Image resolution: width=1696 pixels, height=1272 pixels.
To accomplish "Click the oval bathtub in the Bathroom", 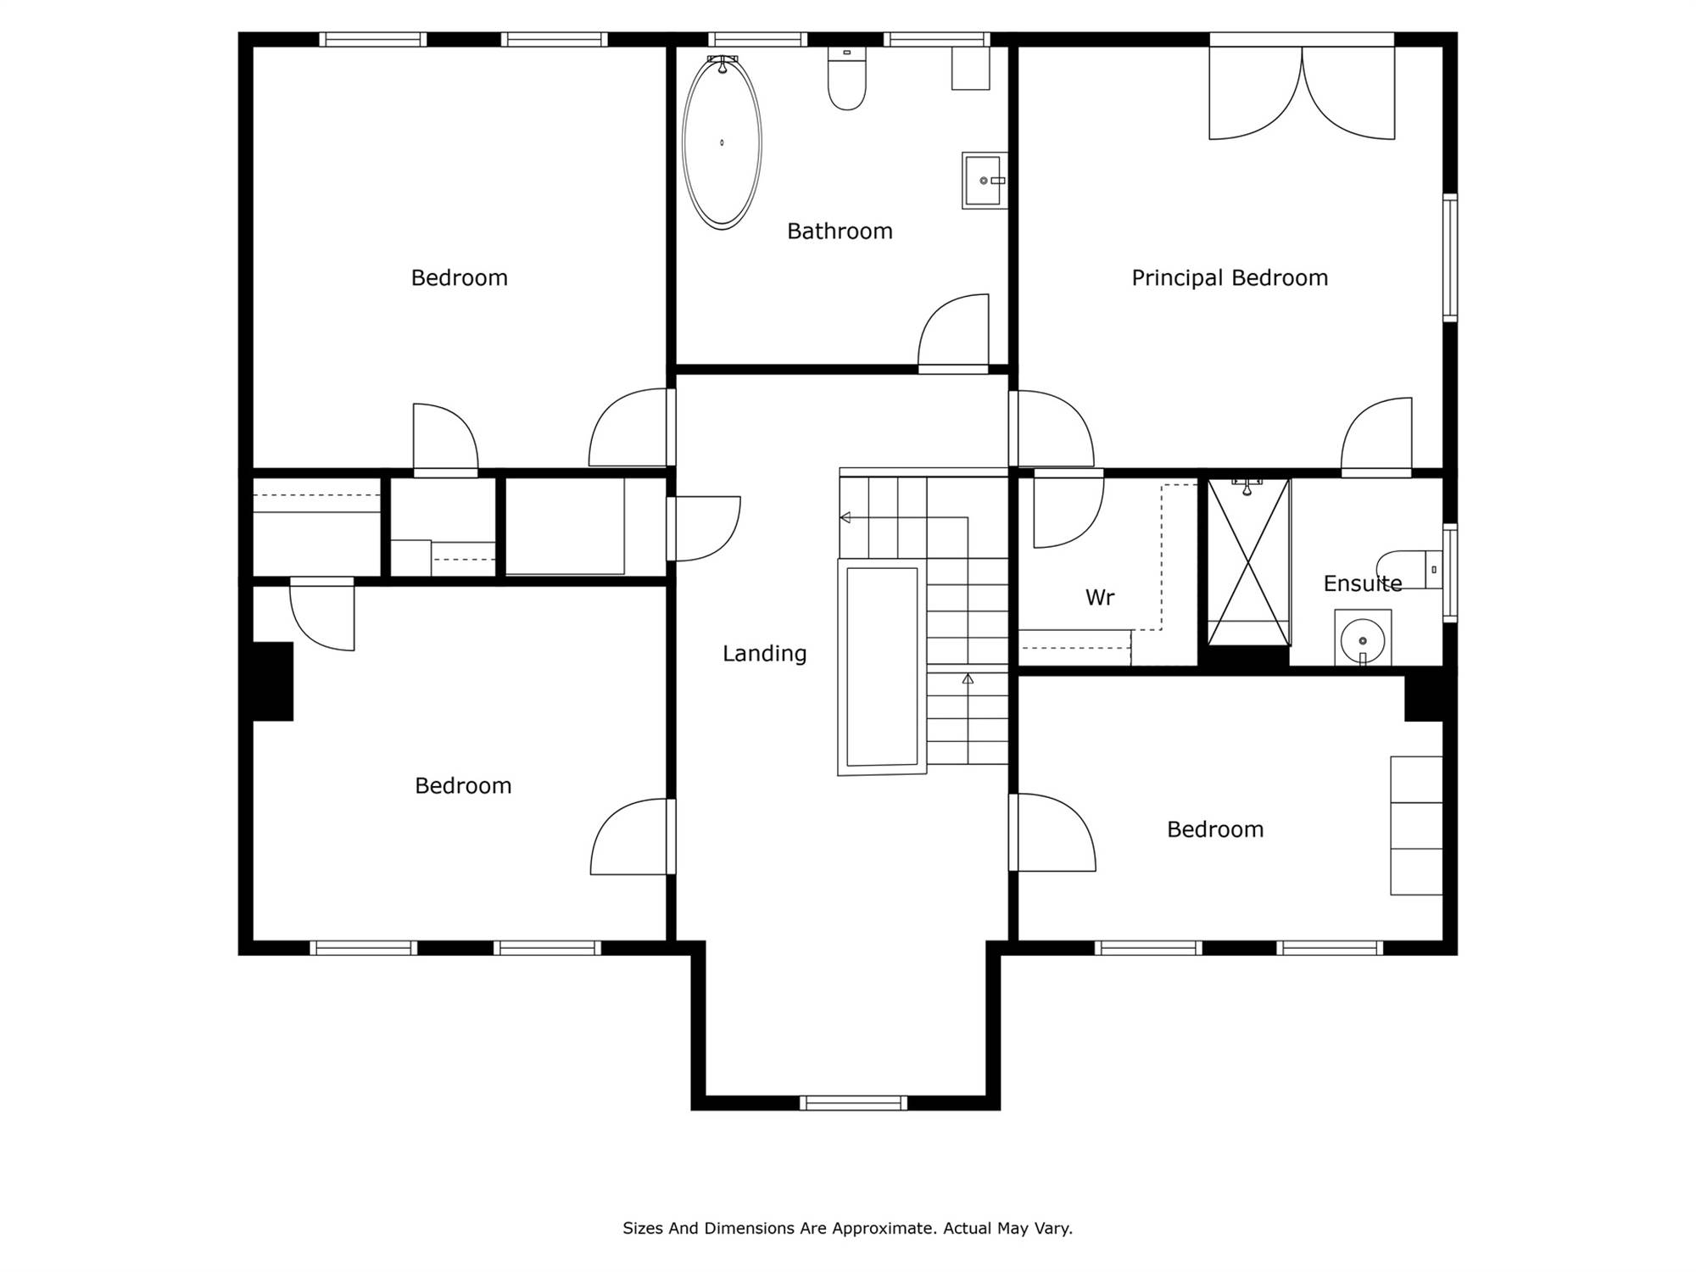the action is click(722, 142).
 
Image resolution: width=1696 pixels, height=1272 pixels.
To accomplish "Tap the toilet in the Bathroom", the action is click(846, 79).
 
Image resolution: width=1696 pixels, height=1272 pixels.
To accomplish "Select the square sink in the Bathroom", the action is click(985, 181).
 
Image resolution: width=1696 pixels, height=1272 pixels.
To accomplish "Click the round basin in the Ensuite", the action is click(1363, 638).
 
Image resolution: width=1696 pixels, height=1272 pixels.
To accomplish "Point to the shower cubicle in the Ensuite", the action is click(1248, 562).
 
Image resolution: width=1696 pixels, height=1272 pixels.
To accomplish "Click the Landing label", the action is click(764, 654).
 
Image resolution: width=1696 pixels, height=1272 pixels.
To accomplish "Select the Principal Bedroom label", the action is click(1230, 278).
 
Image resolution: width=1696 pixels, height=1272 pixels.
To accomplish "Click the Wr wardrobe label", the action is click(1100, 598).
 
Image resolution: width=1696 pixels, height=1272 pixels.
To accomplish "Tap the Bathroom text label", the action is click(840, 232).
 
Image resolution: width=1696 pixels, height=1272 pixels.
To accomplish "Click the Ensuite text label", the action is click(1363, 583).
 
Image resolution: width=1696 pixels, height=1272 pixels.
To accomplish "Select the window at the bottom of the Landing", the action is click(853, 1102).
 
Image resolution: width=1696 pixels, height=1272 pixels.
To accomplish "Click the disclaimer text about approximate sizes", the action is click(847, 1228).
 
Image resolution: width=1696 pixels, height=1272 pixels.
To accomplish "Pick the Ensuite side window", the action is click(1450, 573).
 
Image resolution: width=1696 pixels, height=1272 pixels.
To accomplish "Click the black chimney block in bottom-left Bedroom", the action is click(273, 681).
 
